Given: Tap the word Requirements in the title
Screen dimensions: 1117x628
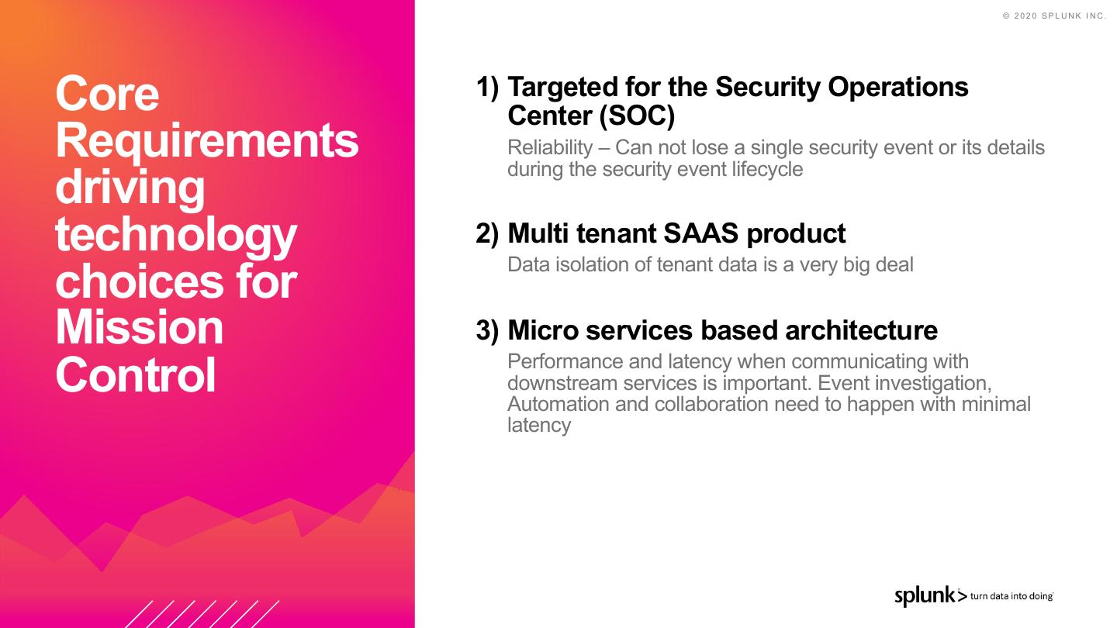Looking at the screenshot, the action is click(207, 142).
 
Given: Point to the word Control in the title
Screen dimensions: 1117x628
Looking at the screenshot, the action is click(136, 374).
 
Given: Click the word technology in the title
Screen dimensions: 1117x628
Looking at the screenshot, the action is click(176, 235).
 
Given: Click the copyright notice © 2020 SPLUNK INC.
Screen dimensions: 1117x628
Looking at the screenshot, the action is click(1055, 16).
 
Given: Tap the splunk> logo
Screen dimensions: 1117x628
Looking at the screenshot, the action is click(931, 596).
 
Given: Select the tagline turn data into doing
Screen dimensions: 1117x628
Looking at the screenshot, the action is click(1012, 596).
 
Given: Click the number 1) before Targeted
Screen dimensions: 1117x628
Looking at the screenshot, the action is click(487, 88).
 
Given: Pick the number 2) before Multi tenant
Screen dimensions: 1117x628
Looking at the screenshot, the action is click(487, 234).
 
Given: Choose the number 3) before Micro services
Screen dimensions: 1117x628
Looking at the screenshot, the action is click(487, 331).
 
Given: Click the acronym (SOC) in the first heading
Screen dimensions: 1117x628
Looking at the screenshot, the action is click(637, 116).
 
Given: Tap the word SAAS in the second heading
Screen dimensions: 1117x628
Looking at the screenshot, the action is click(700, 233).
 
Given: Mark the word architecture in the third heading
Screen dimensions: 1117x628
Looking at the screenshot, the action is click(861, 330).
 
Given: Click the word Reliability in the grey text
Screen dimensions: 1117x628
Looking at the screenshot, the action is click(550, 147).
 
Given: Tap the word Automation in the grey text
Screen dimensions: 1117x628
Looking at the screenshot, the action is click(558, 404).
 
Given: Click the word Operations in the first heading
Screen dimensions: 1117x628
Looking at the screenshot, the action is click(898, 88).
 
